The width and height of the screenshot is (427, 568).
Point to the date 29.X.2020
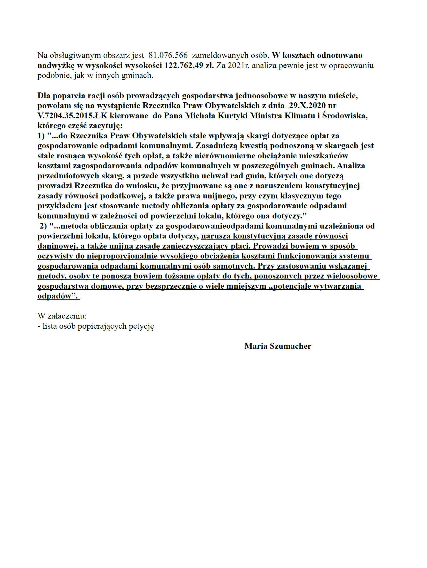[x=307, y=106]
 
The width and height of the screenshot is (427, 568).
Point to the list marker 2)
[x=44, y=226]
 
